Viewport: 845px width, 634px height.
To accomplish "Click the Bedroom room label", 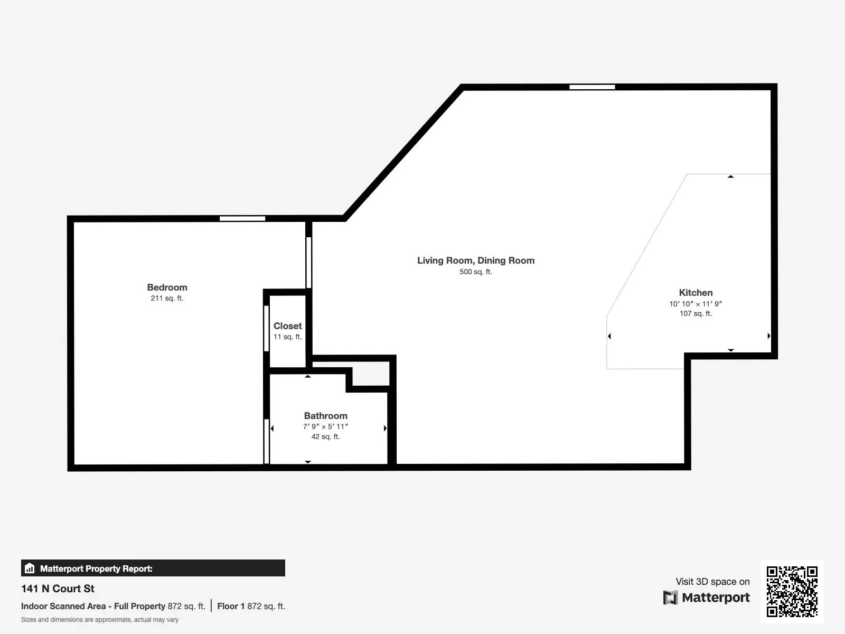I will tap(167, 287).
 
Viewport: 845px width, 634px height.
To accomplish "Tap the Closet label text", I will tap(287, 326).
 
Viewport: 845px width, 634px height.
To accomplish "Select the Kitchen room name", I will tap(696, 293).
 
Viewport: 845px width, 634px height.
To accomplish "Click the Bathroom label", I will tap(325, 416).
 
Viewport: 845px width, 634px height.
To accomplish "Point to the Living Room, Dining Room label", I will tap(475, 260).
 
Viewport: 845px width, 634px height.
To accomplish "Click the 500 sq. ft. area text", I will tap(475, 272).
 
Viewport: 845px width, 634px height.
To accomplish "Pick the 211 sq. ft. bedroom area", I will tap(167, 299).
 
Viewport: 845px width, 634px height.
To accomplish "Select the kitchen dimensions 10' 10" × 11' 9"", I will tap(696, 304).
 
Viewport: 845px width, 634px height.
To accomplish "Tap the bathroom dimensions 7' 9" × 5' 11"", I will tap(325, 426).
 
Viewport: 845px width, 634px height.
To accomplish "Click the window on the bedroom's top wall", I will tap(242, 219).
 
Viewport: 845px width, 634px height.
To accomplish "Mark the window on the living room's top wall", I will tap(592, 87).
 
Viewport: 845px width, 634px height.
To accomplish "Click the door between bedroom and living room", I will tap(309, 263).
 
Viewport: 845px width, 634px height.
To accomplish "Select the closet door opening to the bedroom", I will tap(267, 328).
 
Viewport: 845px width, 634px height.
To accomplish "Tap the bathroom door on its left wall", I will tap(267, 441).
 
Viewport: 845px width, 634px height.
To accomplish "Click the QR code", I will tap(792, 591).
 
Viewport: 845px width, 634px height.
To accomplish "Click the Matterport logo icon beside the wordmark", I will tap(670, 598).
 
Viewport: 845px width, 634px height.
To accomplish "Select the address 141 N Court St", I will tap(58, 589).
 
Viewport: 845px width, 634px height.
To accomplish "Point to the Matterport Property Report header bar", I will tap(153, 568).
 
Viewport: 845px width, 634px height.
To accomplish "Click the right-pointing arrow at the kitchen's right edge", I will tap(768, 336).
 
